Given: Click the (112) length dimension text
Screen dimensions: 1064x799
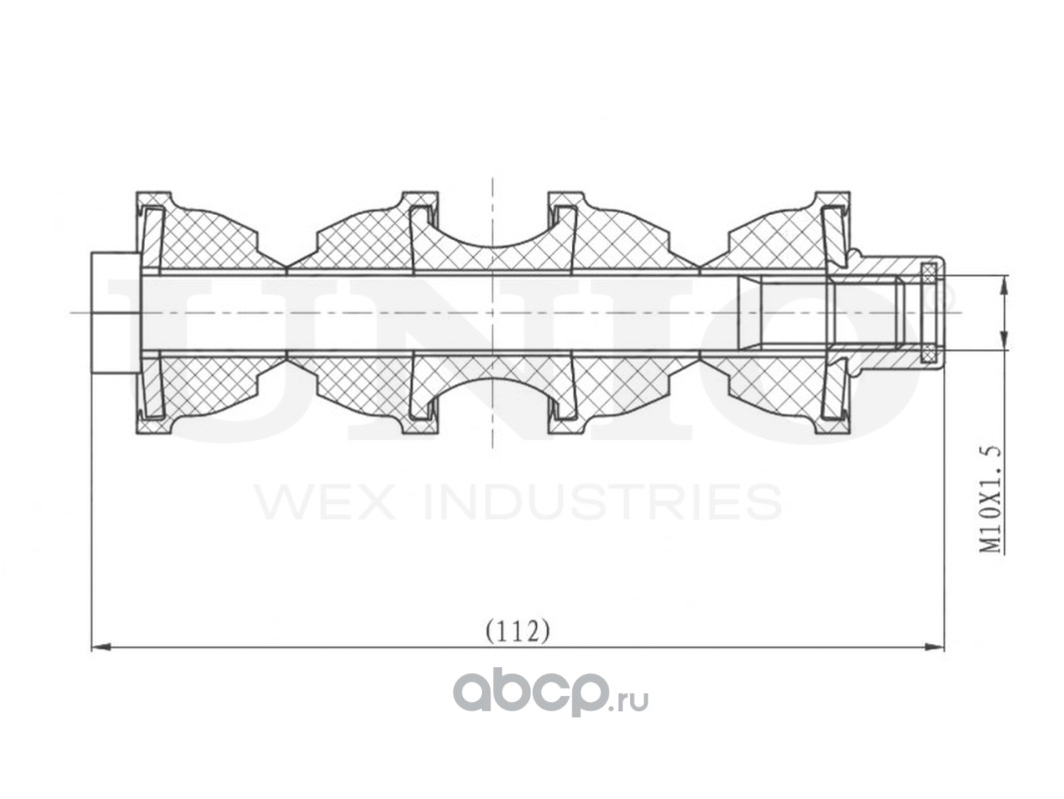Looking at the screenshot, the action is (x=517, y=631).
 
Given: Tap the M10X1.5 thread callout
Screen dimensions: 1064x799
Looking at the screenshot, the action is (x=991, y=498).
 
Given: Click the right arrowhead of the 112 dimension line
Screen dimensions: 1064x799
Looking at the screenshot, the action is (x=935, y=647).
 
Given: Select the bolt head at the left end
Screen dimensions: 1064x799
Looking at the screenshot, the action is (x=116, y=313).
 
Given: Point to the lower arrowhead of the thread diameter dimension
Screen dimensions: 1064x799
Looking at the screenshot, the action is (x=1003, y=341).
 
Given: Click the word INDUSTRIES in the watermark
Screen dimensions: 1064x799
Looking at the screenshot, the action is (x=603, y=501).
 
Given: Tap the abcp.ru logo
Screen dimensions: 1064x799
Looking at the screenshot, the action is (x=550, y=691).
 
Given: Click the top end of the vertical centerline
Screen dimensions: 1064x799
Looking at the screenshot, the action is (x=493, y=178).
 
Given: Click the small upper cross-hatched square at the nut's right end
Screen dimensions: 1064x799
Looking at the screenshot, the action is (x=928, y=271).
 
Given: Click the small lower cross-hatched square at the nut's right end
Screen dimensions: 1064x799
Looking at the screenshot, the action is (x=928, y=355).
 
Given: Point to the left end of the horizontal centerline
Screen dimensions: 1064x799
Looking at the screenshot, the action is (x=71, y=313).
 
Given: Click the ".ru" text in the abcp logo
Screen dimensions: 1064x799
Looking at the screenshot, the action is (x=633, y=700).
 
